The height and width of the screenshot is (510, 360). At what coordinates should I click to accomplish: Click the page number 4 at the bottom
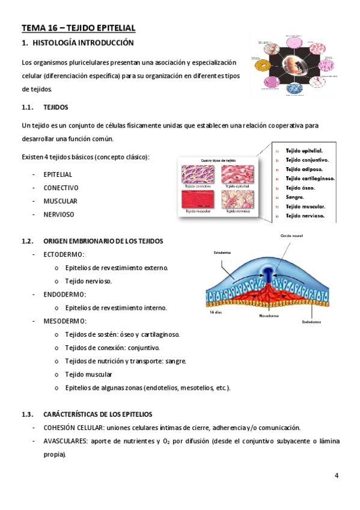coord(337,476)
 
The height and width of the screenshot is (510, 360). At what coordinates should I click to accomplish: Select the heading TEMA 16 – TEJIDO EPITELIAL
coord(78,28)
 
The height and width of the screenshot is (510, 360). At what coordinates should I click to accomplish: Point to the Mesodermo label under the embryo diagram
coord(272,315)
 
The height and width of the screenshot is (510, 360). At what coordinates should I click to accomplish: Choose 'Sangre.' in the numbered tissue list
coord(295,197)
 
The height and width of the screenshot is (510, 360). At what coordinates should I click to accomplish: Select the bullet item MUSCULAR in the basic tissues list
coord(60,201)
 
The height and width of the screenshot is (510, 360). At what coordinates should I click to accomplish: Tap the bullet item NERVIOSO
coord(59,214)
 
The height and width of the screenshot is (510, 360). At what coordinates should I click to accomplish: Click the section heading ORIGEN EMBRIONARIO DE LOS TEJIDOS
coord(103,241)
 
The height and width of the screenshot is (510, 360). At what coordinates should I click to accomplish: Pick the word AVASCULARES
coord(63,441)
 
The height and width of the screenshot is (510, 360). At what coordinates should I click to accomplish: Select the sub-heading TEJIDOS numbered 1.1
coord(56,108)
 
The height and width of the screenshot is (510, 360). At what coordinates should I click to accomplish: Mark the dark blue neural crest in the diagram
coord(266,274)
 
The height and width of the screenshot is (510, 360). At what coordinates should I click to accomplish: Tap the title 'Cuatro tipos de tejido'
coord(218,161)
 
